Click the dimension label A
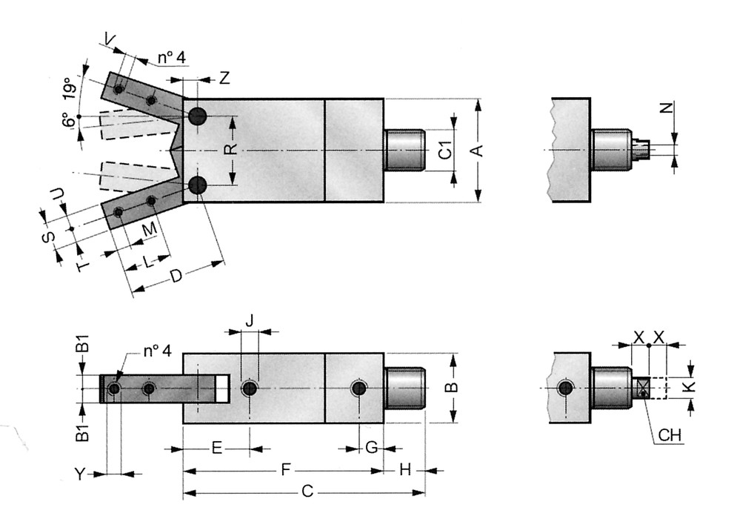[x=478, y=150]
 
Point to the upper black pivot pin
[x=197, y=116]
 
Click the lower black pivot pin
[x=197, y=186]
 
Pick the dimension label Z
[x=224, y=78]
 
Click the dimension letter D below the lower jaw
[x=176, y=277]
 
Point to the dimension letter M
[x=150, y=229]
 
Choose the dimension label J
[x=250, y=320]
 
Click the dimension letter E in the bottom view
[x=216, y=448]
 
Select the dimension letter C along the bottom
[x=310, y=491]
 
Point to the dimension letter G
[x=371, y=447]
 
